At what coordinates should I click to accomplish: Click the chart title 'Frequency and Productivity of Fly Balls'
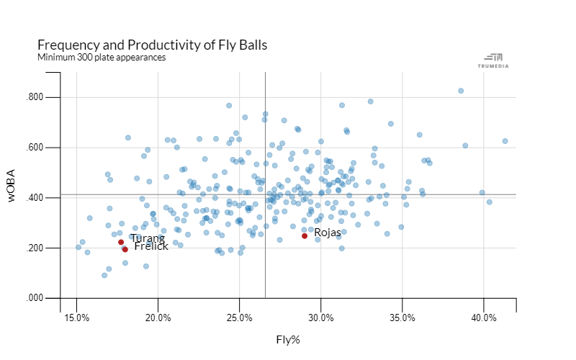tap(152, 45)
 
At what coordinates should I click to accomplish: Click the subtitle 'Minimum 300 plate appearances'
tap(102, 57)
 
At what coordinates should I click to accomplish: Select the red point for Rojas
tap(305, 235)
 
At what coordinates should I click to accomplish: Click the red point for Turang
tap(121, 242)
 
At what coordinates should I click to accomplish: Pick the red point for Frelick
tap(125, 249)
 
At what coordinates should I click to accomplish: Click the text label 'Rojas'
tap(328, 233)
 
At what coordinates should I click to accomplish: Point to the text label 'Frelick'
tap(151, 246)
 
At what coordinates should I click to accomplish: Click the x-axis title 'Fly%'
tap(288, 339)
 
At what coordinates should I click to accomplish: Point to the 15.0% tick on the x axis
tap(77, 318)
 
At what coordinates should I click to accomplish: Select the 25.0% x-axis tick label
tap(240, 318)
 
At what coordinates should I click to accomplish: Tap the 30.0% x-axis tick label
tap(321, 318)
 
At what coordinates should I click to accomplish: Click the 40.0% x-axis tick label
tap(484, 318)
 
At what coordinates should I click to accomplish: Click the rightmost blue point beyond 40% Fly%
tap(505, 141)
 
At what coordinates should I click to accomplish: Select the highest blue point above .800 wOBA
tap(461, 91)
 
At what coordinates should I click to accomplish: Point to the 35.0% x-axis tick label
tap(402, 318)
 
